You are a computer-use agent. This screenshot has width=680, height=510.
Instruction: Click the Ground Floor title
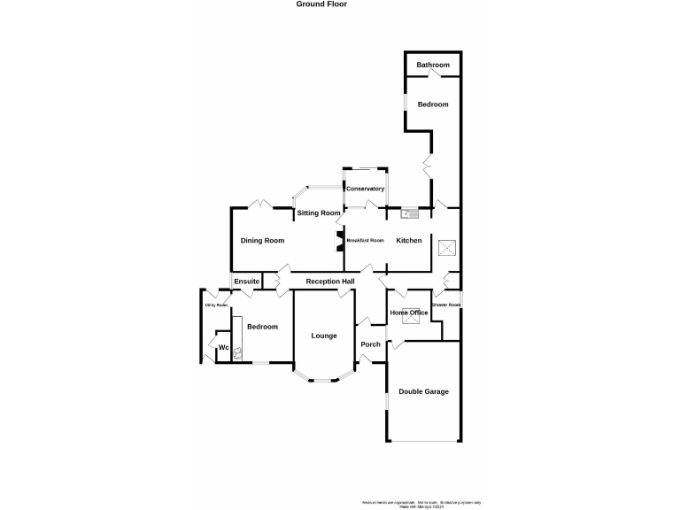click(321, 4)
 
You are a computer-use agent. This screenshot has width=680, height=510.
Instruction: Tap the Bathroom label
click(433, 66)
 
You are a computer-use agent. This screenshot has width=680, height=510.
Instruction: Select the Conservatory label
click(365, 189)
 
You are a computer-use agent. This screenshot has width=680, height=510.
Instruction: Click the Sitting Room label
click(319, 213)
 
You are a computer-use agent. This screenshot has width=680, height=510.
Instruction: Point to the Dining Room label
click(263, 241)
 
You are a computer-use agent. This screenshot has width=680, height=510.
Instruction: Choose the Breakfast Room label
click(365, 241)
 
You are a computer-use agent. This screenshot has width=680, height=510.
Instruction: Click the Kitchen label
click(409, 241)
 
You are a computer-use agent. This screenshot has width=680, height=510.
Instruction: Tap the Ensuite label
click(247, 282)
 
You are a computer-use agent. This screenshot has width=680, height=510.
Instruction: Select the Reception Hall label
click(330, 282)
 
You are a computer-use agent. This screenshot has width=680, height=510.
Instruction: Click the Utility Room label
click(217, 305)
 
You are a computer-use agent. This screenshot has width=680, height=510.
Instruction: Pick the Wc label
click(224, 347)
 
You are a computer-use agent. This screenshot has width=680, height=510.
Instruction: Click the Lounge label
click(323, 336)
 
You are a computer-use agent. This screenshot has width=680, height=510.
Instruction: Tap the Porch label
click(370, 344)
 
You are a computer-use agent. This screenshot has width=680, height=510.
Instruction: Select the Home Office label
click(409, 313)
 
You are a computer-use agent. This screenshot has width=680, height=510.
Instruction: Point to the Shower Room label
click(446, 305)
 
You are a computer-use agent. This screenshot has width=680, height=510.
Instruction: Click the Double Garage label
click(423, 391)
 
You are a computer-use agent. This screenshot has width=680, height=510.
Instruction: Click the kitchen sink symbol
click(410, 212)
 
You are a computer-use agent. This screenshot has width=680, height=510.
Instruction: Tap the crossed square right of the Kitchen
click(448, 248)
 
